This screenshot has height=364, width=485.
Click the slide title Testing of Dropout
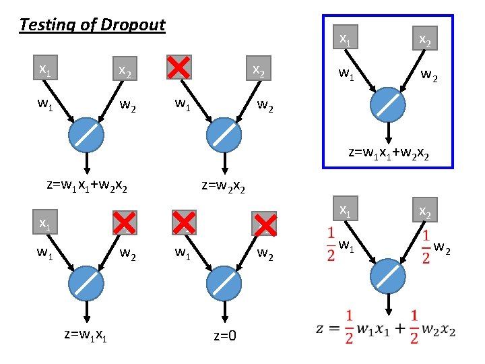(92, 26)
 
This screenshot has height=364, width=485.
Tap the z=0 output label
(225, 336)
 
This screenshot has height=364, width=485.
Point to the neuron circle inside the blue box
(389, 104)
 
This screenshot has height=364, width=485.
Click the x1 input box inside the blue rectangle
(345, 39)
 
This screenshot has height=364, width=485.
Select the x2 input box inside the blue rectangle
(426, 40)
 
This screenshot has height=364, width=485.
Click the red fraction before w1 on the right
(331, 245)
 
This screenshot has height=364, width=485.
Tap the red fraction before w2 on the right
(426, 248)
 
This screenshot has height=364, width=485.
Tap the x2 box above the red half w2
(426, 210)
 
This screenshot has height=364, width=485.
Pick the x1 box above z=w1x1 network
(45, 223)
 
